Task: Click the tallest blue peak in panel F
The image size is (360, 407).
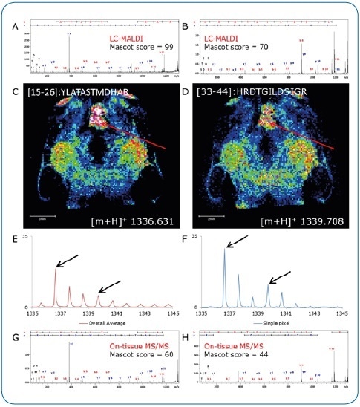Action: (x=224, y=250)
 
